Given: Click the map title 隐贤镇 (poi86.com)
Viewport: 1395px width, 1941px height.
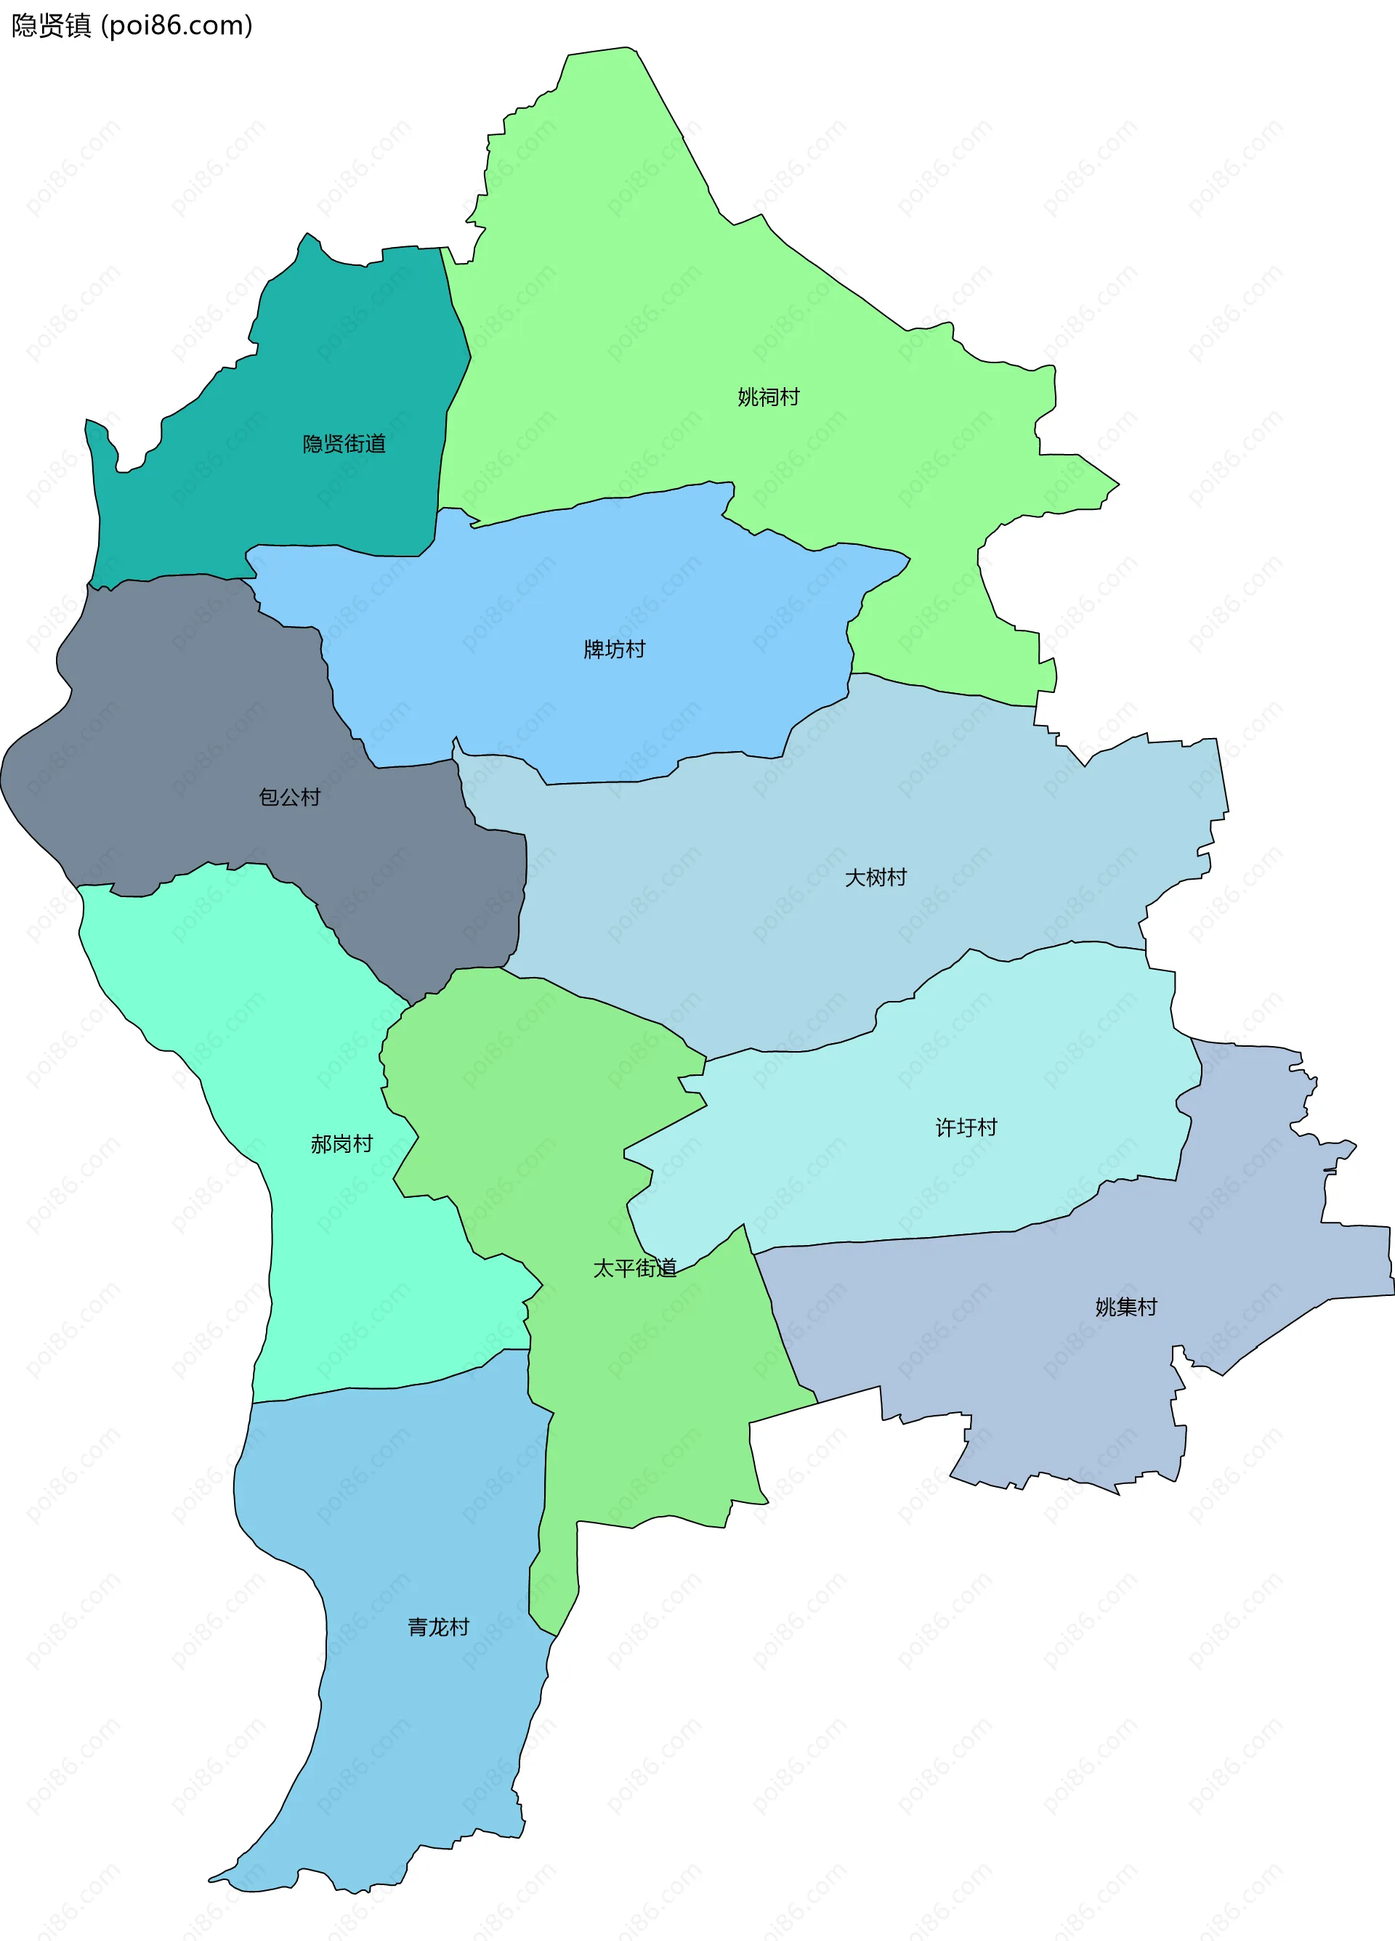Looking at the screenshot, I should [x=132, y=25].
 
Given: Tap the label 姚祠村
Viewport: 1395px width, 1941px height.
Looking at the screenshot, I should [x=768, y=397].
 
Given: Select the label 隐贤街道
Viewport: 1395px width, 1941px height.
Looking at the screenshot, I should [x=344, y=443].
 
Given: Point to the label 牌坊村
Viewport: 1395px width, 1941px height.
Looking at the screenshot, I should [x=614, y=649].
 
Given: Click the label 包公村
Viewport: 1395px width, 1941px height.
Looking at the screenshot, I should [x=289, y=798].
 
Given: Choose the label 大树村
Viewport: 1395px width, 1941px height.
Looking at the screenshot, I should [x=875, y=878].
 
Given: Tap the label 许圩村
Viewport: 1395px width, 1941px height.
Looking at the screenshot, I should [x=966, y=1128].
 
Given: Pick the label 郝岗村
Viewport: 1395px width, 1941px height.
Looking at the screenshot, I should [x=341, y=1144].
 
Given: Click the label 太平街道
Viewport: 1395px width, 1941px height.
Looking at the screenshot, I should [x=634, y=1268].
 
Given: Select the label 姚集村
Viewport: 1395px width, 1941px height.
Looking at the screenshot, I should [x=1125, y=1308].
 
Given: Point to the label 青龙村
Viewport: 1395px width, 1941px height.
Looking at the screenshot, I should [x=438, y=1627].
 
